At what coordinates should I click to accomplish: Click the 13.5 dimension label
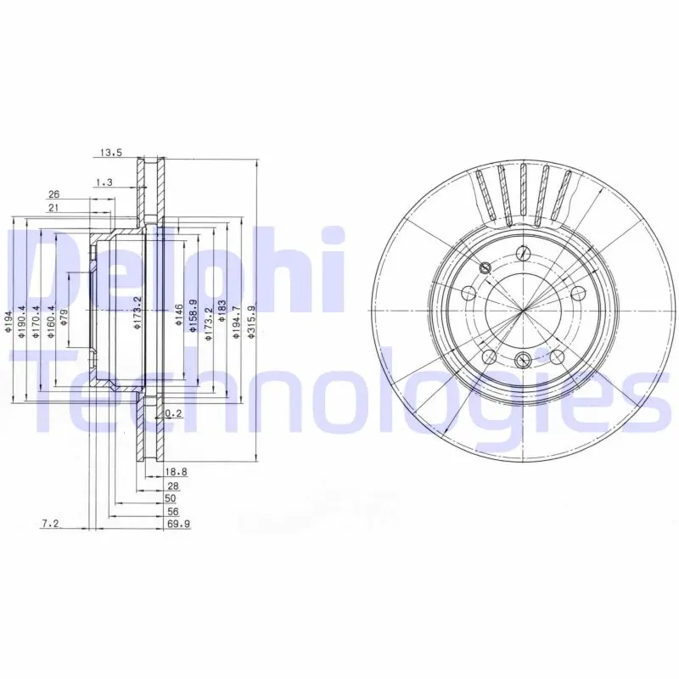coord(111,152)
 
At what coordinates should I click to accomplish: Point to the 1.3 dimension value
coord(104,182)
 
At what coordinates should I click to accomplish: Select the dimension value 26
coord(53,194)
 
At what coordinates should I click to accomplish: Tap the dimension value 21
coord(53,208)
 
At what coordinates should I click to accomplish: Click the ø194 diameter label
coord(8,321)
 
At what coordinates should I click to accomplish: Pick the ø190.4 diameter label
coord(21,321)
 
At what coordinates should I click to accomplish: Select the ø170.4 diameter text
coord(36,321)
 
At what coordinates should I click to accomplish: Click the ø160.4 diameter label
coord(51,321)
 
